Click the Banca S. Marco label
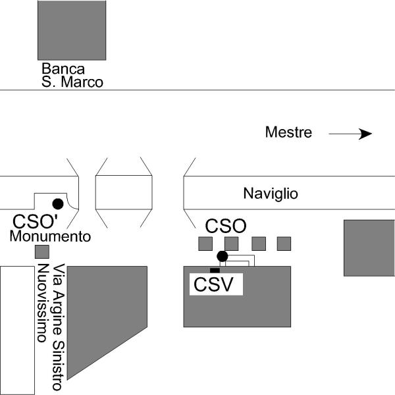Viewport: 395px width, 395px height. (x=72, y=75)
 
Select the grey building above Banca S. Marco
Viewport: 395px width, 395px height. (x=72, y=30)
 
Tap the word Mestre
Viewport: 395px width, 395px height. (x=288, y=132)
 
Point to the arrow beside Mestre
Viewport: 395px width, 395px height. (x=350, y=134)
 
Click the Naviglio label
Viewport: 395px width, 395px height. (x=271, y=194)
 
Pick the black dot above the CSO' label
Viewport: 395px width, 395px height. (x=58, y=203)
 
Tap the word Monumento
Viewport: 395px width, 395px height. (x=50, y=236)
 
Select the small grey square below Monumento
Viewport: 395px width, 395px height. (x=41, y=251)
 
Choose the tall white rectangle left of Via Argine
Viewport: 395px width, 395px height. (x=16, y=329)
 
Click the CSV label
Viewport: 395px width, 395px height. (x=217, y=284)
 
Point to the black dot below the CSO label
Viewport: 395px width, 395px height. (x=223, y=256)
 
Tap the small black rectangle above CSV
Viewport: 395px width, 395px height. (x=215, y=270)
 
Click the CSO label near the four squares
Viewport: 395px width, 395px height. (x=226, y=226)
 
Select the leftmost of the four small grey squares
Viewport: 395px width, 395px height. (x=206, y=244)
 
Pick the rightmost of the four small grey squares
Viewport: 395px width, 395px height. (x=284, y=244)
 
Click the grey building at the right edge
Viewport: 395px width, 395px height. (x=369, y=248)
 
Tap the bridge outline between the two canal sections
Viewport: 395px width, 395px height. (x=124, y=193)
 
